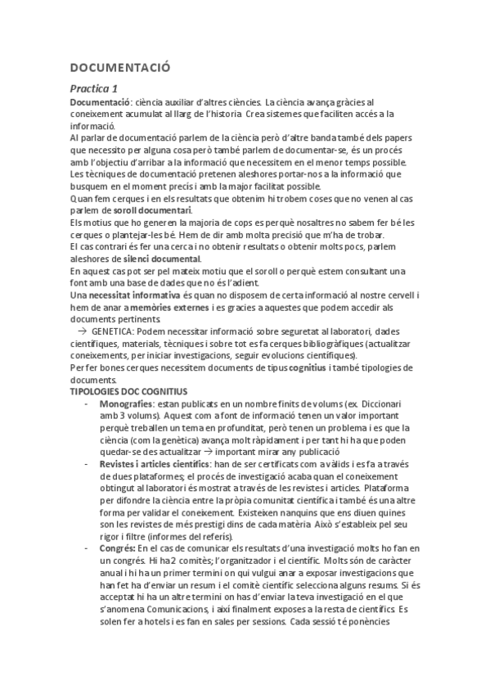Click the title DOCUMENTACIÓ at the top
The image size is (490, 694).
pos(120,68)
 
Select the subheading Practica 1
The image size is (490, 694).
pos(95,88)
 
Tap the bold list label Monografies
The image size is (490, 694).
pos(126,404)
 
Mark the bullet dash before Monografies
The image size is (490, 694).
pos(87,404)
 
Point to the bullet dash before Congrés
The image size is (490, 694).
pos(87,547)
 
